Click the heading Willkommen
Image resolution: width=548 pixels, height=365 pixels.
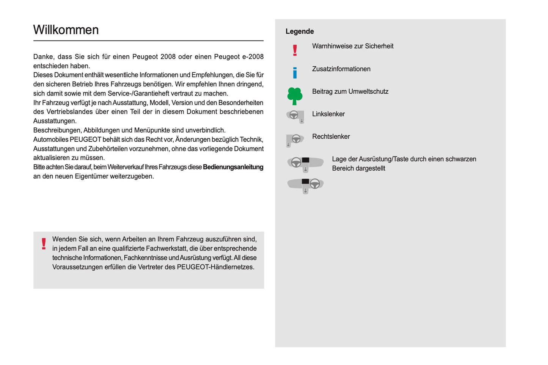click(x=66, y=30)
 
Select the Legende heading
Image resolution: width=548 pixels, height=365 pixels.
click(x=300, y=31)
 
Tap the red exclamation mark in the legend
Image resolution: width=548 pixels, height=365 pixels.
click(x=295, y=50)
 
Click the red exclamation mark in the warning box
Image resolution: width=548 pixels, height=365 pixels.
click(x=44, y=244)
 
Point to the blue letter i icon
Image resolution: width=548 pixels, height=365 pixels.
click(x=295, y=72)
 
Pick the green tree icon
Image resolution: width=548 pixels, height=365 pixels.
click(x=295, y=96)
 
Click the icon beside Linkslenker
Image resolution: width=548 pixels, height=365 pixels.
click(x=295, y=116)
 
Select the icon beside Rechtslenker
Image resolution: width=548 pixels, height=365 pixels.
click(x=295, y=140)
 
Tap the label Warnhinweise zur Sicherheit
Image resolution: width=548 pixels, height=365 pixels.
click(x=353, y=46)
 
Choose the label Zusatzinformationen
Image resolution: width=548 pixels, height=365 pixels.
click(x=341, y=69)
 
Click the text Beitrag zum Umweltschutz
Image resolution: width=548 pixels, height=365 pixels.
click(x=350, y=92)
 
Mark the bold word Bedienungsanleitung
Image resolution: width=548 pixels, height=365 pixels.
click(x=233, y=167)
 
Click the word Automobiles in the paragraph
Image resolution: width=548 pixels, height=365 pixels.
click(x=50, y=139)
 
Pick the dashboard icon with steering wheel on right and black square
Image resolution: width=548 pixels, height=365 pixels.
click(x=306, y=185)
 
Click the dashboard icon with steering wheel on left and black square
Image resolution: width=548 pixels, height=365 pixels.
click(x=305, y=163)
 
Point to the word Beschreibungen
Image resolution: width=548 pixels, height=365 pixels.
click(x=57, y=130)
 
